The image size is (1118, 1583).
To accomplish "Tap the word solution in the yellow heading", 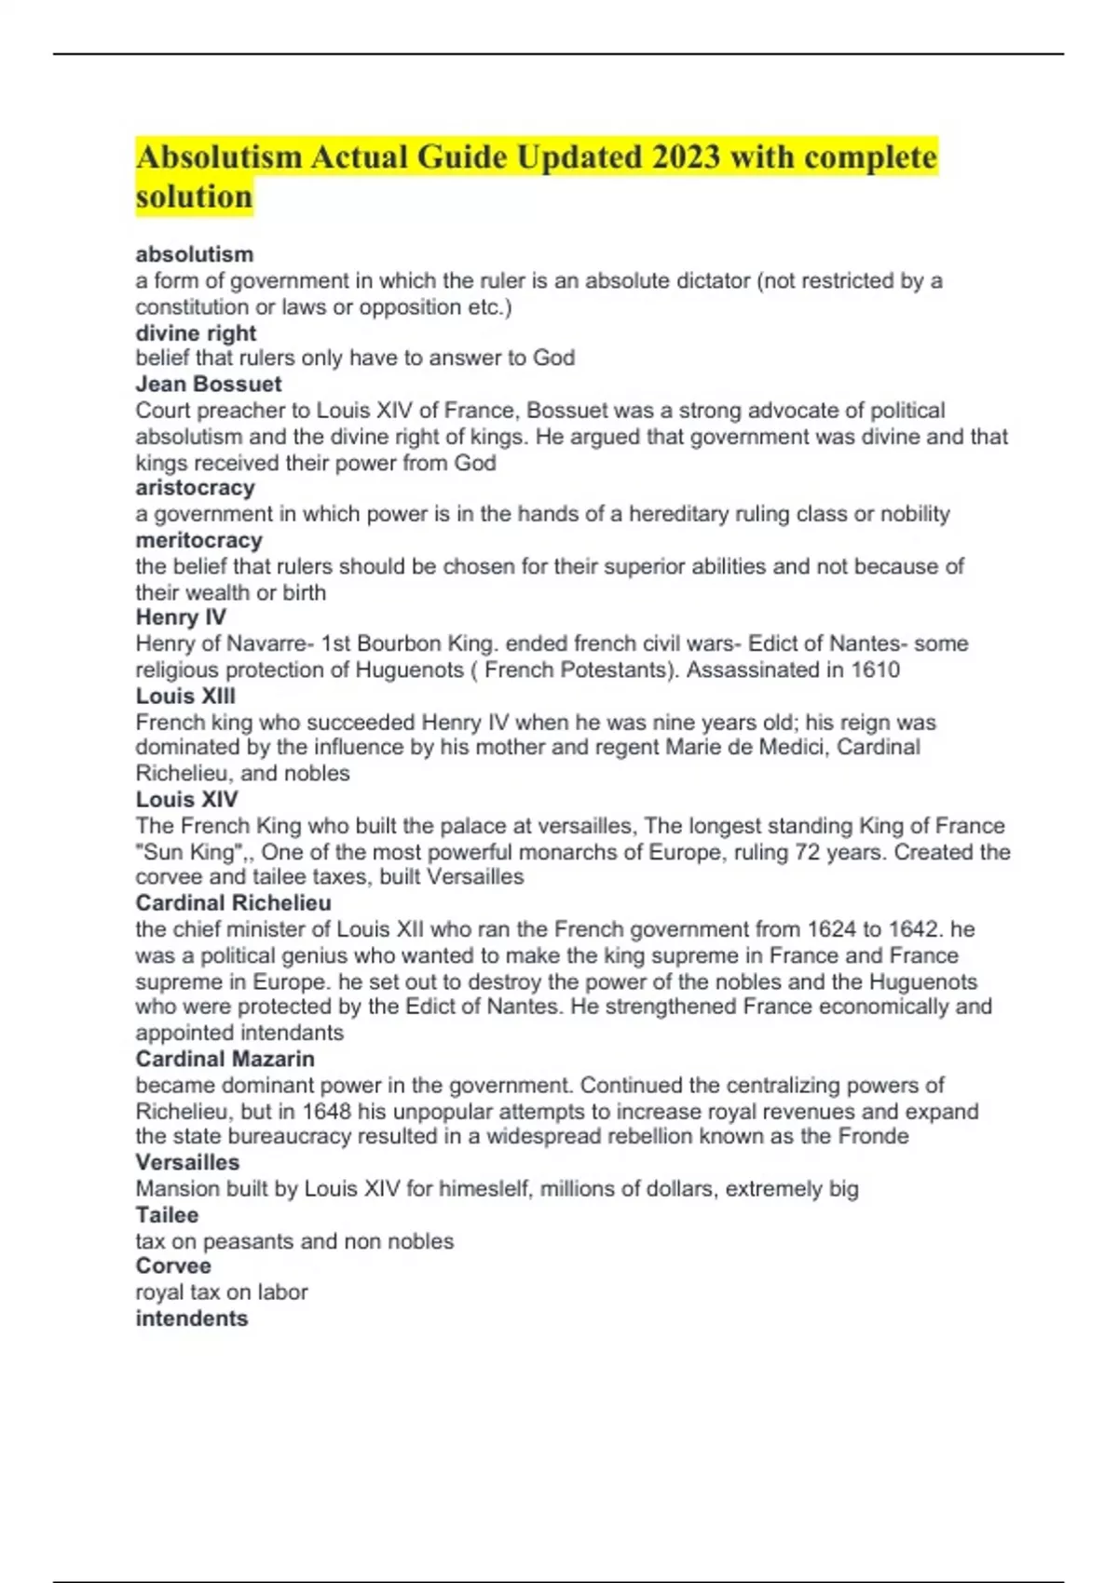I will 194,197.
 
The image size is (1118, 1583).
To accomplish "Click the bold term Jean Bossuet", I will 209,384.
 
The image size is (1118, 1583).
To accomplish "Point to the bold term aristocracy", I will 195,488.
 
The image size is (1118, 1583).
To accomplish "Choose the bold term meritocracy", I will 198,540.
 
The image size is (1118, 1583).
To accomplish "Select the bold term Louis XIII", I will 185,696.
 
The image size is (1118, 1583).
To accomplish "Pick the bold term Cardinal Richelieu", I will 233,903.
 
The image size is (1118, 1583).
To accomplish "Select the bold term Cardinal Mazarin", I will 225,1059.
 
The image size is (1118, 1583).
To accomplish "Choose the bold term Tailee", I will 167,1215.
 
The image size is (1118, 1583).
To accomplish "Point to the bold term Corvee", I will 173,1266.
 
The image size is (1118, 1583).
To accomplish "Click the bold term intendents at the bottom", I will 192,1319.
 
